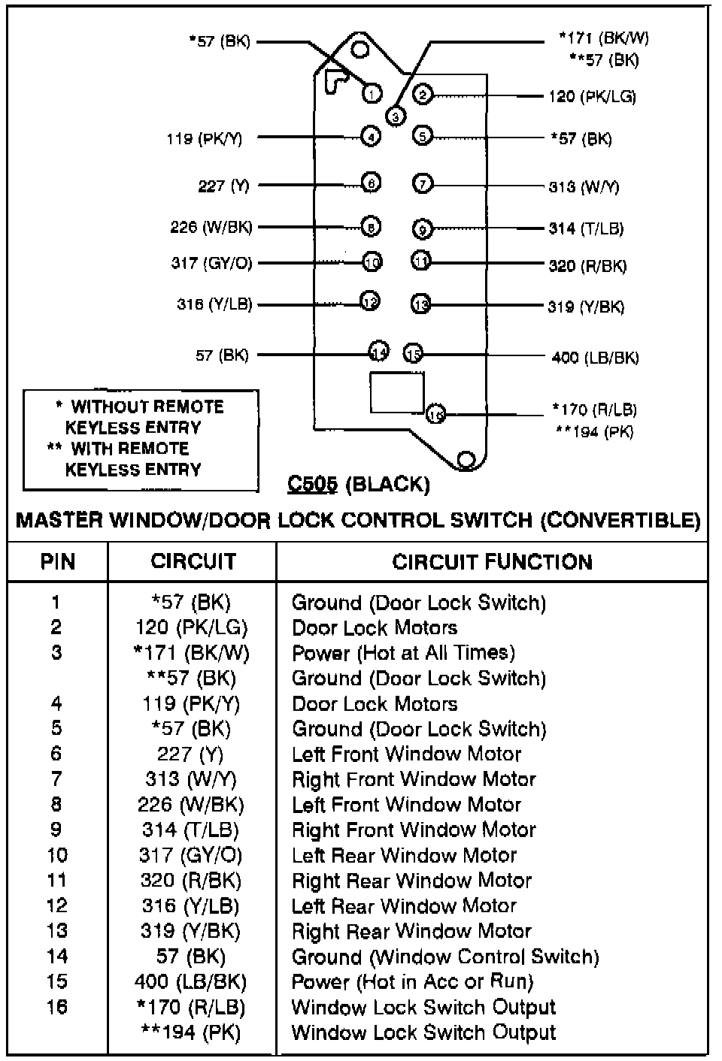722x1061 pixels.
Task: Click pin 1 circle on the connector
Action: (372, 93)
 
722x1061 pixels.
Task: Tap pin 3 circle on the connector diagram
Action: (395, 116)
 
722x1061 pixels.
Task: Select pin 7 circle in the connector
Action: (423, 183)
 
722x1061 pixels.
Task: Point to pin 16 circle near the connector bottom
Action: (435, 413)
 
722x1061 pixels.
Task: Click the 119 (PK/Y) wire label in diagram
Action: (205, 138)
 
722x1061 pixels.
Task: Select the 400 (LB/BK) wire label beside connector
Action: (595, 357)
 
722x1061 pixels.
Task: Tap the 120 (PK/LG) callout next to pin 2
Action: (592, 96)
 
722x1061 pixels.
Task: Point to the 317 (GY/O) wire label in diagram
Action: (211, 263)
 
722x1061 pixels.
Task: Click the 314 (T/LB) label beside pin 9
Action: (586, 228)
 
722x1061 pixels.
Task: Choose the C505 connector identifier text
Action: (313, 485)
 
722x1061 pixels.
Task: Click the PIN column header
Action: (57, 561)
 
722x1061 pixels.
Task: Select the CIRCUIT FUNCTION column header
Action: (492, 561)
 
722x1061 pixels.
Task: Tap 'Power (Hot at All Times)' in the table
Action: (403, 652)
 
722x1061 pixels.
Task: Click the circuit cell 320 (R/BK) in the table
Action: (191, 880)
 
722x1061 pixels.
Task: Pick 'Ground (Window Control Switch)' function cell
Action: (445, 957)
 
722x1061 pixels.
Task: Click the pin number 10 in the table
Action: (57, 855)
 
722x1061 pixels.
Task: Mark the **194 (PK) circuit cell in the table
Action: (191, 1032)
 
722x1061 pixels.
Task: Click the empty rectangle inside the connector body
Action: (396, 391)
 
